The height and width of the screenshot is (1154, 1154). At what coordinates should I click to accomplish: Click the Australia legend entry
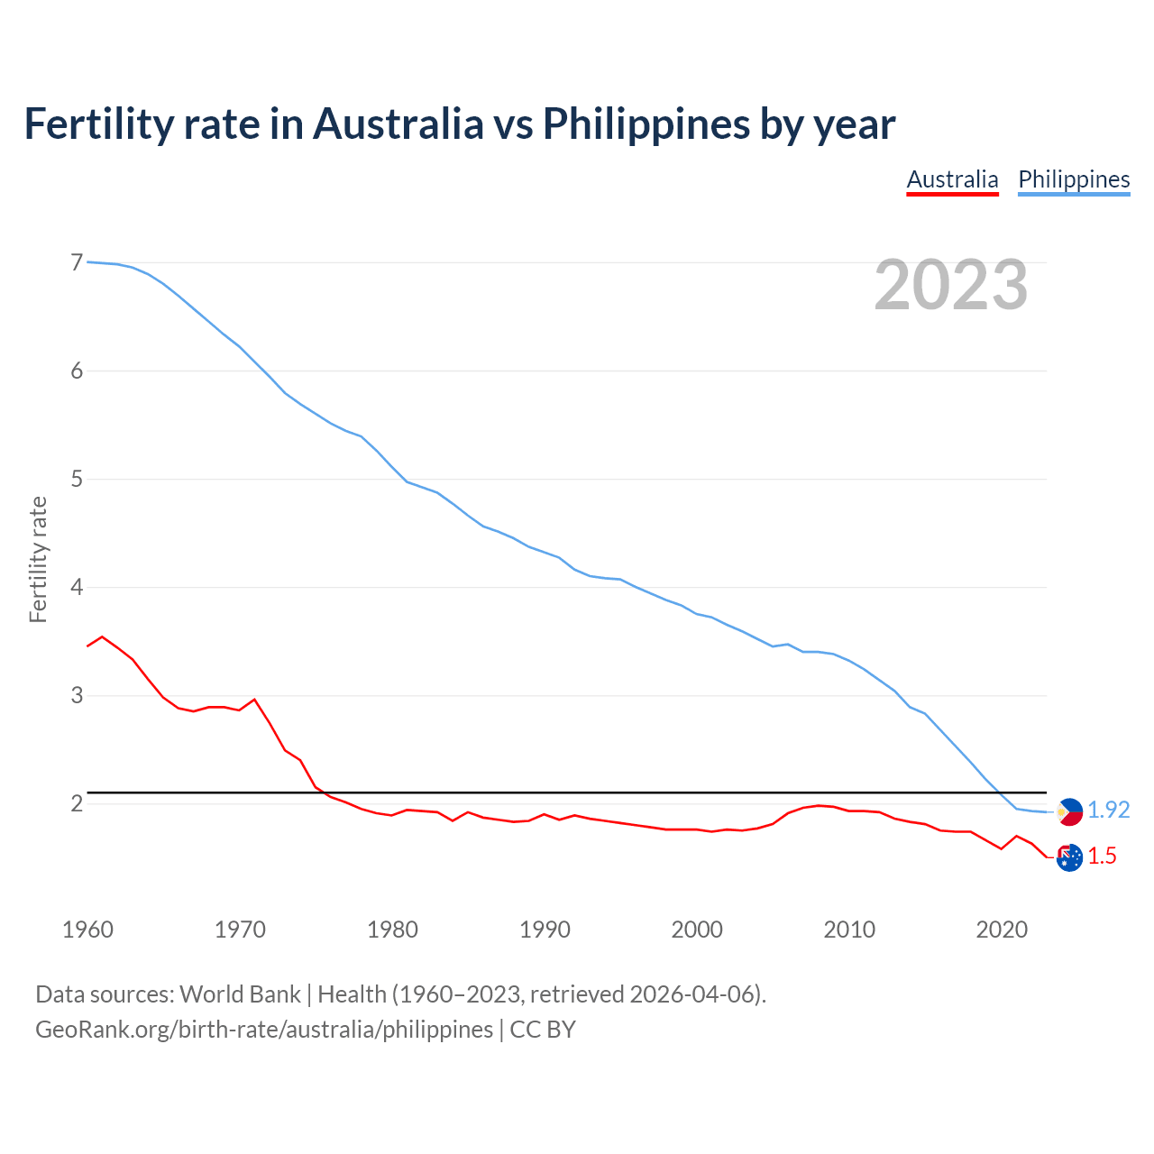coord(952,179)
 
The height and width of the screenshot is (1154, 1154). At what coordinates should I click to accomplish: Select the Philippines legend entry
coord(1074,179)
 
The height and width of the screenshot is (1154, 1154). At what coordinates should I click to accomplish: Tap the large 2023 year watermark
coord(950,285)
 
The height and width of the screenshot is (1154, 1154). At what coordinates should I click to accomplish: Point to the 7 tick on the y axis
coord(77,262)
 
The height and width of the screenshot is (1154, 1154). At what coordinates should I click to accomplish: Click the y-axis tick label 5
coord(77,479)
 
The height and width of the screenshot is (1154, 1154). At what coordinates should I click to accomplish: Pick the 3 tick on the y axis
coord(77,695)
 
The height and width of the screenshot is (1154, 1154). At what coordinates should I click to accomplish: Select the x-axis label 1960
coord(87,930)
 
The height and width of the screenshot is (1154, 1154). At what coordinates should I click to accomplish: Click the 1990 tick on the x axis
coord(545,930)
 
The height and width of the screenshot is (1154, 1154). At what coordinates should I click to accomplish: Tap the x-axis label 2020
coord(1002,930)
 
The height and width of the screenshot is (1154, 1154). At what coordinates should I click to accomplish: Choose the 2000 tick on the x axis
coord(697,930)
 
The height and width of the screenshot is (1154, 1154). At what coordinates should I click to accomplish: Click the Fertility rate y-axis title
coord(38,559)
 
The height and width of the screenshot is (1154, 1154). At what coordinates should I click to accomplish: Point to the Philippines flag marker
coord(1069,811)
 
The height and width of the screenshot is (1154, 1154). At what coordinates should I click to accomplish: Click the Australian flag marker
coord(1069,857)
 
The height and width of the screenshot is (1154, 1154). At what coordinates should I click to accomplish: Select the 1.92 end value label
coord(1108,811)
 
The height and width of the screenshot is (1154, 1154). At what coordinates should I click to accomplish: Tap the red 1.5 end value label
coord(1102,856)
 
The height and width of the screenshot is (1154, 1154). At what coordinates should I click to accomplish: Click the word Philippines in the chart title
coord(646,124)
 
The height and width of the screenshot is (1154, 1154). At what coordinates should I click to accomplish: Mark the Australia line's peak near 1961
coord(102,637)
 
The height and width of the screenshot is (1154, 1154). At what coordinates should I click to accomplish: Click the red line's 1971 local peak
coord(254,700)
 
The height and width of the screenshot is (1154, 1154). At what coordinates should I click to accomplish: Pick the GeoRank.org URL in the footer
coord(264,1030)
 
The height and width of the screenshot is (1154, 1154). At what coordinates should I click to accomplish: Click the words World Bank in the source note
coord(240,994)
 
